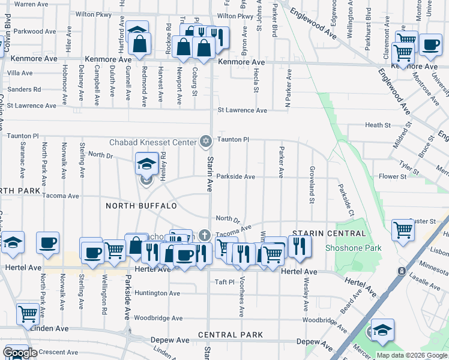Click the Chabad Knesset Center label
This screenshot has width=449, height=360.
[152, 142]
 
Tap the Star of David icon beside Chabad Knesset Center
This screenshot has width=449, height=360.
[206, 142]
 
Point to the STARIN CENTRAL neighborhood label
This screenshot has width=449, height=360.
[328, 233]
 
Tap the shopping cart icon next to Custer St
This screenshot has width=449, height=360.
[403, 229]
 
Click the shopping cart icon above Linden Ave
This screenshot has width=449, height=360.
[28, 313]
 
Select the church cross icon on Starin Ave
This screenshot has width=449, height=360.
[204, 235]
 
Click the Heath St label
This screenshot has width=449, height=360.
[378, 125]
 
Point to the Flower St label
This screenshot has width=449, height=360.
[393, 177]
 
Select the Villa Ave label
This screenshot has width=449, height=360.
[20, 73]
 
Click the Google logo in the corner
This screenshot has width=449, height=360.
[20, 353]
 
